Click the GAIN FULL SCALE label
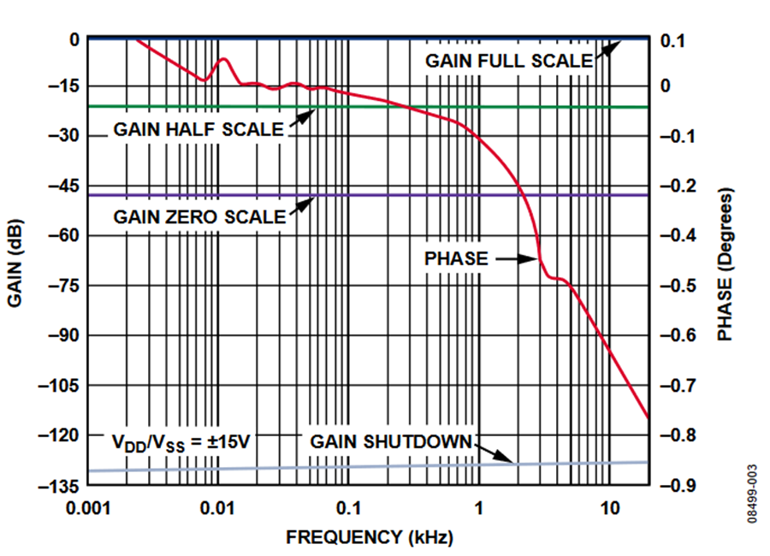508,61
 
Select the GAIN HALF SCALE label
198,130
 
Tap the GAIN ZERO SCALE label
199,216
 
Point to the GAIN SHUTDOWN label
391,441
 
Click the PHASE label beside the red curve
456,258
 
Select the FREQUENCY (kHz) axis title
369,537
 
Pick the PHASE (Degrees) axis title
726,262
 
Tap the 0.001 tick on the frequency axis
88,506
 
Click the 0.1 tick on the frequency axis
348,506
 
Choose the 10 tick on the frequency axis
609,506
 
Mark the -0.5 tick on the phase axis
676,285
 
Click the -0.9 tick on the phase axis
676,485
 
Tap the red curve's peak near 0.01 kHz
224,59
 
